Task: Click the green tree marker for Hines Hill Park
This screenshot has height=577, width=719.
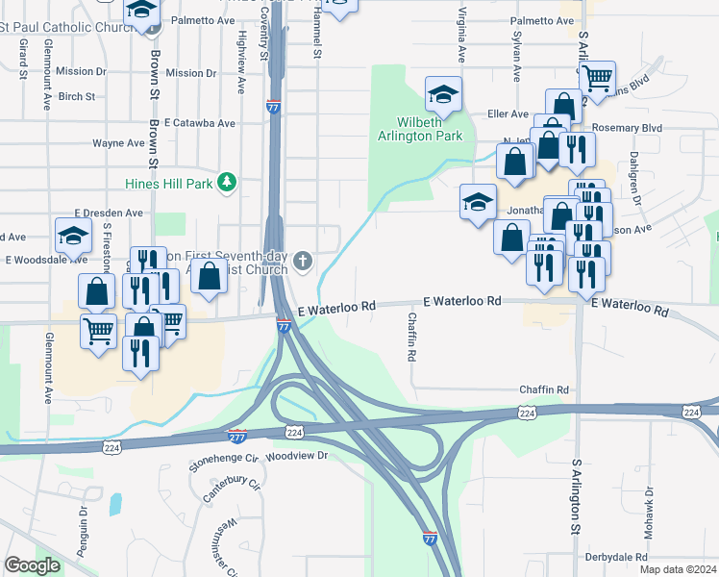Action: (x=227, y=182)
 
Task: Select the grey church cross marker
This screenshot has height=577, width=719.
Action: (x=303, y=260)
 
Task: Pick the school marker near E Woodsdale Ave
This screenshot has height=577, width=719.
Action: (x=74, y=235)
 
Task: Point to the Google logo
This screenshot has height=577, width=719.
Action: (x=33, y=565)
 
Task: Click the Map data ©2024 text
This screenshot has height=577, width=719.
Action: (x=677, y=569)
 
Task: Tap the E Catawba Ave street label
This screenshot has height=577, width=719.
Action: (x=199, y=123)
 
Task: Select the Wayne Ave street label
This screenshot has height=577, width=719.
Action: (x=118, y=143)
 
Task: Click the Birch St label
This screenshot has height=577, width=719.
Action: (x=77, y=96)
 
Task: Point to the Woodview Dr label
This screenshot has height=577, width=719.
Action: (x=298, y=456)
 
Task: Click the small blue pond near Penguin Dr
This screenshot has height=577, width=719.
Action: (x=116, y=503)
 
